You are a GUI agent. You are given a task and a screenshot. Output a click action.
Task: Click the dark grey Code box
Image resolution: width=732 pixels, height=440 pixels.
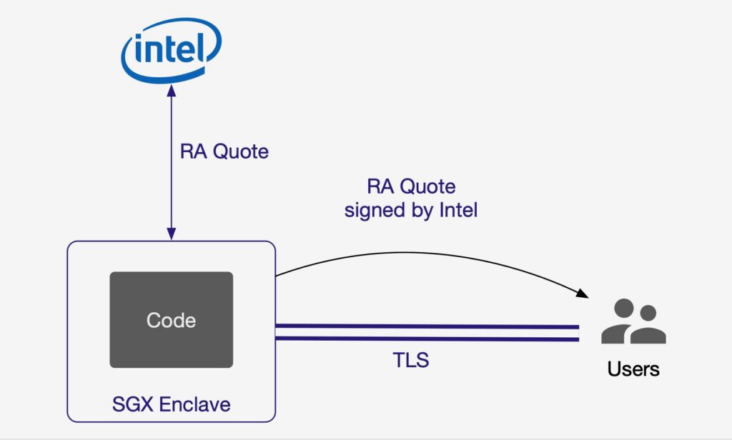click(x=171, y=319)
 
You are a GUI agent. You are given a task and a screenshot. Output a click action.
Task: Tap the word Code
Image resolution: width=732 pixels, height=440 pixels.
click(x=171, y=320)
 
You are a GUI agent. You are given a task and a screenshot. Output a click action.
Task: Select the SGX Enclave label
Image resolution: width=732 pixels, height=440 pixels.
click(x=172, y=404)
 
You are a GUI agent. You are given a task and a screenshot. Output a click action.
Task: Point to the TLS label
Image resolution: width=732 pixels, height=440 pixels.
click(x=411, y=359)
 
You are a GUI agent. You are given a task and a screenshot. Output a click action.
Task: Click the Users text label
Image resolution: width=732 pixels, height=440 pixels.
click(x=633, y=369)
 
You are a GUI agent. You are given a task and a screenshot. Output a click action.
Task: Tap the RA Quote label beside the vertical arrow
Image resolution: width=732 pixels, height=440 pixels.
click(x=224, y=151)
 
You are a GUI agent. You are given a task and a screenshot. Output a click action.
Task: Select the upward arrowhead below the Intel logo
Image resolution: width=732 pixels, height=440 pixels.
click(x=172, y=92)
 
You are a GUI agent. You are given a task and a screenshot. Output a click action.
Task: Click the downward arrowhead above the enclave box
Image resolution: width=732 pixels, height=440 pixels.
click(x=172, y=234)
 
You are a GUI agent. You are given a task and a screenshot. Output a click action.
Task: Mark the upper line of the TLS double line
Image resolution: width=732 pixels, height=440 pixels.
click(x=427, y=326)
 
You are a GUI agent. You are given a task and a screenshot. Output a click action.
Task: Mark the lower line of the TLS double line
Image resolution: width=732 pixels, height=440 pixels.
click(x=427, y=339)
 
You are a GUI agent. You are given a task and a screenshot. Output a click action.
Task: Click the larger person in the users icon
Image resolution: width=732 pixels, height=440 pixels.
click(x=622, y=321)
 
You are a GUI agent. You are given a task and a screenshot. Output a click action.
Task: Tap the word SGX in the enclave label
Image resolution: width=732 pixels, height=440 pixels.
click(x=132, y=404)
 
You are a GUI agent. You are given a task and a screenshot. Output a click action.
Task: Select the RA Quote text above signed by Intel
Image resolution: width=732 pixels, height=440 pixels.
click(x=411, y=187)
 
